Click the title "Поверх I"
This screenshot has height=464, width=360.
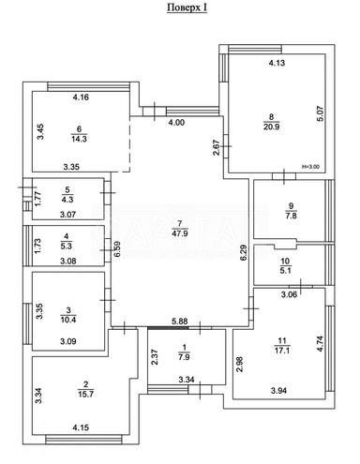click(187, 7)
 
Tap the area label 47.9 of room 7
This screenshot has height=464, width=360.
click(180, 233)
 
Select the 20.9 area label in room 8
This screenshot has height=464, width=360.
click(271, 127)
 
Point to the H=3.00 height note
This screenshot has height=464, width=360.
click(310, 167)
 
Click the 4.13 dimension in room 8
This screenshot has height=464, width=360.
click(277, 63)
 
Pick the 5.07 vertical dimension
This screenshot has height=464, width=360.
click(322, 114)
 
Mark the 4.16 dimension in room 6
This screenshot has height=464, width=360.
click(81, 97)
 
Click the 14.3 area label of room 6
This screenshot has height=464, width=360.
click(79, 139)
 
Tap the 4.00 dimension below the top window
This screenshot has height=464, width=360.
click(176, 123)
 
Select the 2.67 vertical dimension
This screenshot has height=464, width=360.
click(216, 147)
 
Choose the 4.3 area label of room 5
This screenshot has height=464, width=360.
click(67, 199)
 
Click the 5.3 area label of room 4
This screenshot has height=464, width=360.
click(67, 246)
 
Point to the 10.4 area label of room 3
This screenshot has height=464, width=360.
click(68, 320)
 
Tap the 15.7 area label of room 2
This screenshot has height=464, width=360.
click(86, 394)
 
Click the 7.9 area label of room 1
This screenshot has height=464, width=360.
click(184, 357)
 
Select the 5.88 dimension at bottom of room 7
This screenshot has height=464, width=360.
click(179, 322)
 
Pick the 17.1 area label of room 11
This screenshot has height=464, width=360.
click(281, 351)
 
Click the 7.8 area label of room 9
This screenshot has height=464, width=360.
click(291, 216)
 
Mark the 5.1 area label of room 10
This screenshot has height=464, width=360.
click(286, 270)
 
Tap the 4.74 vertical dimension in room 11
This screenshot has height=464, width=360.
click(321, 344)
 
